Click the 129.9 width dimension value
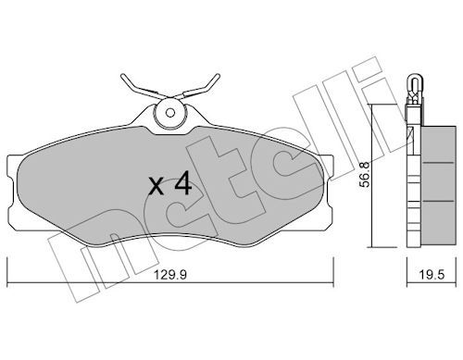tap(170, 274)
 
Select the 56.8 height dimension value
tap(365, 175)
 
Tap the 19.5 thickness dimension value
tap(432, 274)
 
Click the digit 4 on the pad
tap(183, 183)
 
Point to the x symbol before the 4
tap(156, 187)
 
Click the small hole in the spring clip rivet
tap(169, 113)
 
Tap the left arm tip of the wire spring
tap(123, 76)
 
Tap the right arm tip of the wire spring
tap(218, 76)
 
